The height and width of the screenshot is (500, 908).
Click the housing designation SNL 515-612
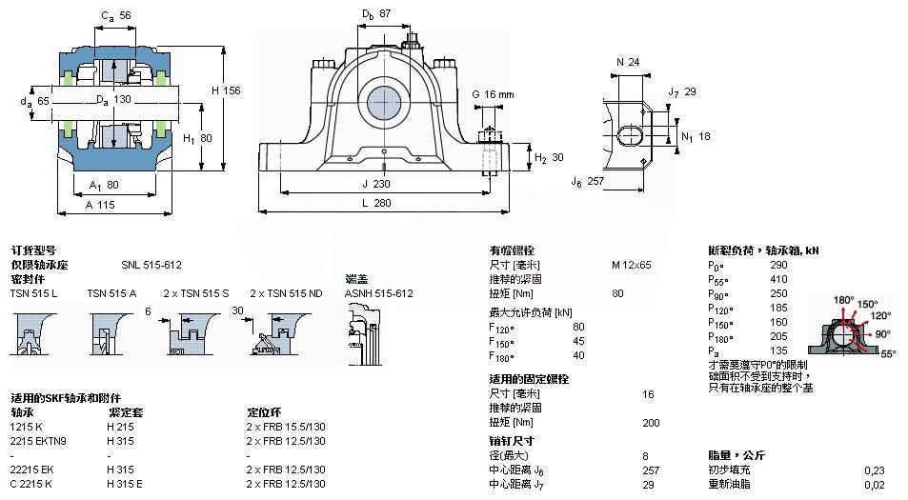pyautogui.click(x=151, y=265)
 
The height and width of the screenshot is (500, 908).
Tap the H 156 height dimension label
pyautogui.click(x=226, y=90)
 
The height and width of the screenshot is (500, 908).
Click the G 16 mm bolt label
pyautogui.click(x=493, y=94)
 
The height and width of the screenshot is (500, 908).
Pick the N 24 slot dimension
pyautogui.click(x=627, y=63)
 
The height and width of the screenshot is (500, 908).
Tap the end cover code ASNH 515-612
pyautogui.click(x=378, y=293)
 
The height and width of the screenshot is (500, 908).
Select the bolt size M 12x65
pyautogui.click(x=632, y=265)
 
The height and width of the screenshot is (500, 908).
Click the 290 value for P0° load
pyautogui.click(x=778, y=265)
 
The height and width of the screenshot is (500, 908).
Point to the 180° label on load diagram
pyautogui.click(x=843, y=300)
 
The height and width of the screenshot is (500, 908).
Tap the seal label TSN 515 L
pyautogui.click(x=33, y=293)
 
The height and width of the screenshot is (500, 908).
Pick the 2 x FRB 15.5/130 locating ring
pyautogui.click(x=286, y=427)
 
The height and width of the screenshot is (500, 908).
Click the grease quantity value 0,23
pyautogui.click(x=873, y=470)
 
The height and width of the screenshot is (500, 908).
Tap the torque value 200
pyautogui.click(x=652, y=422)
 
